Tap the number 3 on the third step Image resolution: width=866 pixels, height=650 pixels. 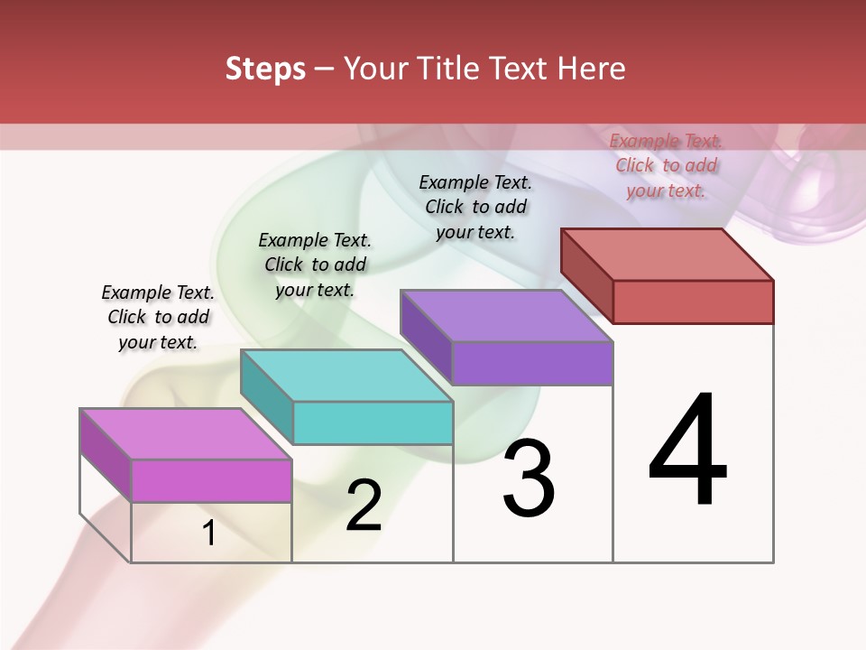click(529, 478)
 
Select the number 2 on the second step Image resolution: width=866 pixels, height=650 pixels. click(364, 506)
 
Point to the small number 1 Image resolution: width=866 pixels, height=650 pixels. click(209, 534)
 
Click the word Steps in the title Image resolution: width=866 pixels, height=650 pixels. click(265, 69)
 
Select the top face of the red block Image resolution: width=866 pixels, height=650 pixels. click(666, 254)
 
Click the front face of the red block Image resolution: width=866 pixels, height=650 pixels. click(693, 302)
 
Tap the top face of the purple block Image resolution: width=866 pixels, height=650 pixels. click(505, 316)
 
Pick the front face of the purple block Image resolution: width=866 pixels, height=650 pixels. click(532, 363)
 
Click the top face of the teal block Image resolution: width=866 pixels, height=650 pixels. click(345, 376)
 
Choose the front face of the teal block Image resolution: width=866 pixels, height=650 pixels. click(373, 422)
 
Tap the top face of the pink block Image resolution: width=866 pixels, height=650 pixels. click(185, 434)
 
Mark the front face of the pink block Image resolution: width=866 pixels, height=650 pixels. click(212, 480)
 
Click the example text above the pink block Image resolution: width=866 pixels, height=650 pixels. click(158, 318)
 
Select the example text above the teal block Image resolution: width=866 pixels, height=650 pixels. click(315, 265)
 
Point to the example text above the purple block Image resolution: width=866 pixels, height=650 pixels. click(475, 207)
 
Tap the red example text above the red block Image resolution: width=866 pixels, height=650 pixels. click(666, 165)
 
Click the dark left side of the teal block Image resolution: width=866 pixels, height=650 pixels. click(267, 397)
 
